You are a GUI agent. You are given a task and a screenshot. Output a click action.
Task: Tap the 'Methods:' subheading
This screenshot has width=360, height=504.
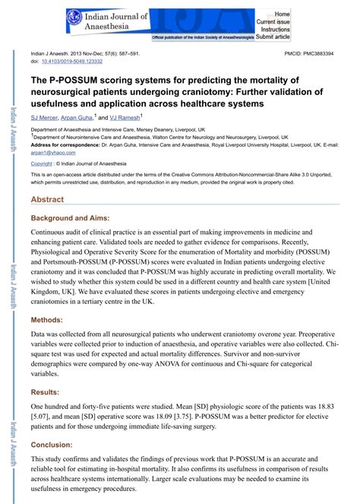(x=46, y=321)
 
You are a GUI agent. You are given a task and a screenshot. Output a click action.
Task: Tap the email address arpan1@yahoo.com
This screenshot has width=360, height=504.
(x=49, y=152)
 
